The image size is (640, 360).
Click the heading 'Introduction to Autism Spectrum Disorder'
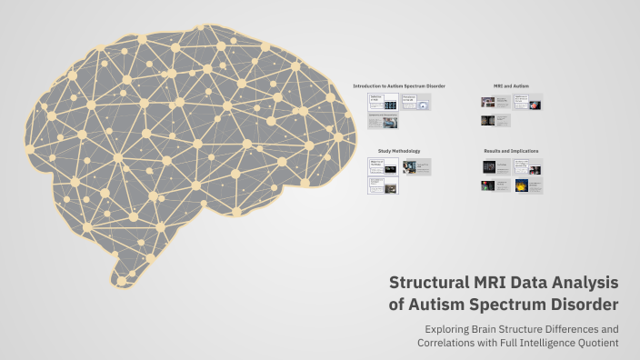(399, 85)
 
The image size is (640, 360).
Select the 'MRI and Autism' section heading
(511, 85)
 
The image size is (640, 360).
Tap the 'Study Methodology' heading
(399, 151)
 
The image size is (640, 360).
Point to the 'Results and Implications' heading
(511, 151)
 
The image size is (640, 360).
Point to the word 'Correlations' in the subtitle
(449, 344)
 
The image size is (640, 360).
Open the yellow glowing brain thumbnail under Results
(521, 185)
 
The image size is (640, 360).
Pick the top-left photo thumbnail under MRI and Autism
(488, 102)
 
